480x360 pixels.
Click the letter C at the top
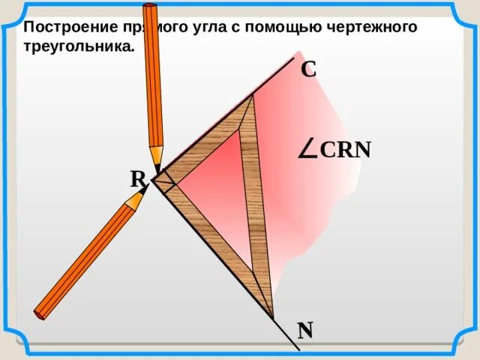[x=308, y=69]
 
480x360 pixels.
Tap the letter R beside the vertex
[x=137, y=179]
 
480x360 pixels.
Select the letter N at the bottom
[x=304, y=330]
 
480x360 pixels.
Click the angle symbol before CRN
[x=307, y=149]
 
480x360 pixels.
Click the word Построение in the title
[x=66, y=28]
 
